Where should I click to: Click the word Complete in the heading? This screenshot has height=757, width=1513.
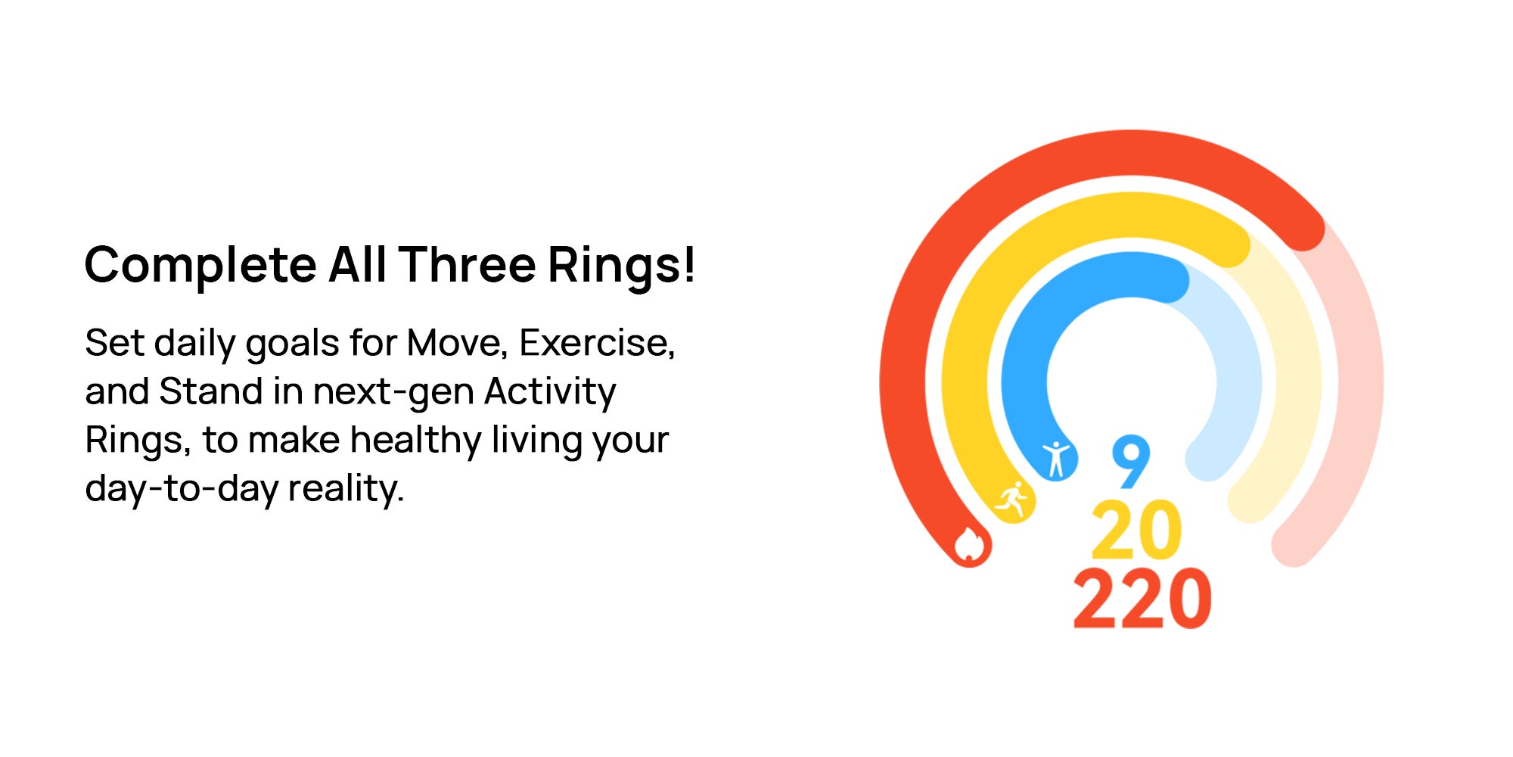tap(200, 266)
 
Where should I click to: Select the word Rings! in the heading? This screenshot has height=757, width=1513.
tap(621, 266)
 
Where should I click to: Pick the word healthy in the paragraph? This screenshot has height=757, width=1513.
tap(415, 441)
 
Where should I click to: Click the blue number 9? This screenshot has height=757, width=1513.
tap(1131, 462)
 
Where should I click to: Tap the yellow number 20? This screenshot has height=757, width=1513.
tap(1136, 530)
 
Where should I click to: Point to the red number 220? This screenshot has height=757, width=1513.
tap(1142, 598)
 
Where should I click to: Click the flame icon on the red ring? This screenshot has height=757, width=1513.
tap(969, 544)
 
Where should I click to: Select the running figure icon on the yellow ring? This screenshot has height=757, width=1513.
tap(1012, 500)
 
